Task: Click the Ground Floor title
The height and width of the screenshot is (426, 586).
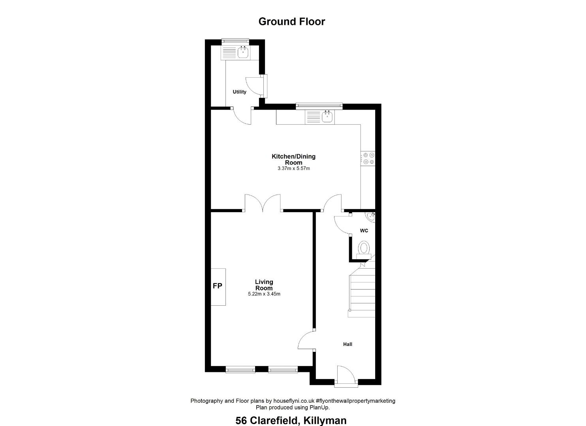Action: coord(292,21)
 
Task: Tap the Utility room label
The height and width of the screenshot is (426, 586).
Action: coord(239,92)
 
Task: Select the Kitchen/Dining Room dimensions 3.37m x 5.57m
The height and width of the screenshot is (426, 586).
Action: coord(294,168)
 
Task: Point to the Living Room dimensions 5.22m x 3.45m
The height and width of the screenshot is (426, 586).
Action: coord(264,294)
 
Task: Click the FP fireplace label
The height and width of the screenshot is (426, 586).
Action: coord(217,286)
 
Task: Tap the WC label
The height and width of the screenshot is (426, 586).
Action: coord(364,230)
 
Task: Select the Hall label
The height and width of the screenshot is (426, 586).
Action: coord(347,344)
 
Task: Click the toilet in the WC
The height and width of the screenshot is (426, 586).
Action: coord(364,250)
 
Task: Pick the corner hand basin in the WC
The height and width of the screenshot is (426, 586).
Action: coord(371,217)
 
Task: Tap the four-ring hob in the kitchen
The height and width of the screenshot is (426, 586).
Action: coord(368,159)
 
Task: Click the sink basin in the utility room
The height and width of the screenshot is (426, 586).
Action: coord(60,53)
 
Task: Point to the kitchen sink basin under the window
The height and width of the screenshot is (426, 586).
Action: coord(327,117)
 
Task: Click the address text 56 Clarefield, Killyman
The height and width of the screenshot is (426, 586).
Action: coord(291,420)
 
